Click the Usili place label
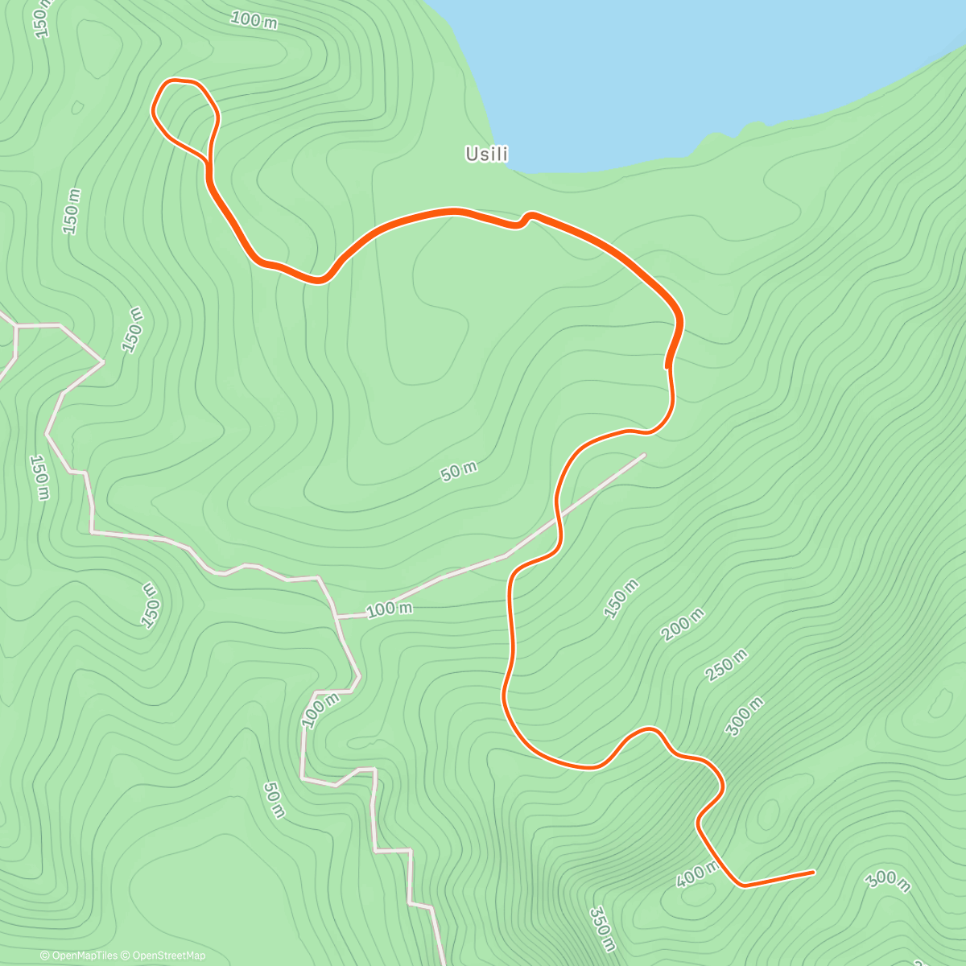coord(487,154)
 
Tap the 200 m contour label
coord(683,625)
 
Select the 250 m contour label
coord(725,666)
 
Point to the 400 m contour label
coord(697,873)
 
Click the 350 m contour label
coord(602,929)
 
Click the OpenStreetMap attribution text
coord(168,956)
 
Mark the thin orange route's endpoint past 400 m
coord(813,871)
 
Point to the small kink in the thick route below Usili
coord(526,219)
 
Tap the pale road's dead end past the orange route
coord(644,455)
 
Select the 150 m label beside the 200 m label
coord(621,597)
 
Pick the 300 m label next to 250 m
coord(745,716)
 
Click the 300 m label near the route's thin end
coord(888,881)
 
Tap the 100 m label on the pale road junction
coord(390,609)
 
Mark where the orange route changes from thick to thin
coord(668,367)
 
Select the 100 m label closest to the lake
coord(254,20)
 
